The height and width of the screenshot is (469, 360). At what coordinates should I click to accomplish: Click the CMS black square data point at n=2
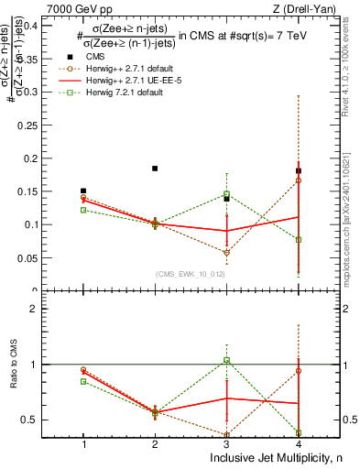(x=155, y=169)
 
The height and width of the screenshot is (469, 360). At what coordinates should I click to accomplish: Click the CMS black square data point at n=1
(x=83, y=191)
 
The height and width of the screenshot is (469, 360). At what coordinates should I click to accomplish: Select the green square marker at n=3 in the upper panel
(x=226, y=194)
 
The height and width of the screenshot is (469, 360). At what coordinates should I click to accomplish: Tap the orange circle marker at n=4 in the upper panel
(x=298, y=180)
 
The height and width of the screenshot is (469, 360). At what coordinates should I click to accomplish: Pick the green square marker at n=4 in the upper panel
(x=298, y=240)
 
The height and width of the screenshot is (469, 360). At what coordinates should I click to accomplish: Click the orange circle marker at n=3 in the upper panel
(x=226, y=253)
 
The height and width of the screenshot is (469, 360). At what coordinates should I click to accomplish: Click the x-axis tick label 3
(x=226, y=443)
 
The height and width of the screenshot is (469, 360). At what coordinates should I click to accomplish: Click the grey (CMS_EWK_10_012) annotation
(x=191, y=273)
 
